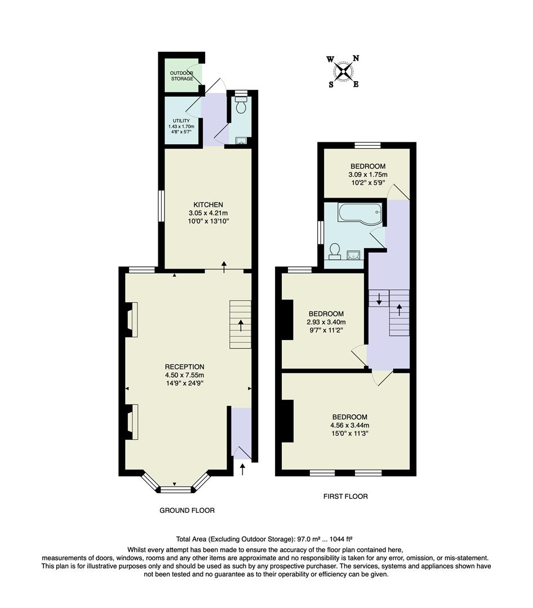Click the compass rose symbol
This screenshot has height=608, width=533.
point(344,71)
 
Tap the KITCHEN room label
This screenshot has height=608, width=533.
point(208,204)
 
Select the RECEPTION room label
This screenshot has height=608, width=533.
point(184,366)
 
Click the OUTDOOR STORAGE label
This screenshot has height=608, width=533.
point(182,75)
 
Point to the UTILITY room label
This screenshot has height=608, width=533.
point(181,120)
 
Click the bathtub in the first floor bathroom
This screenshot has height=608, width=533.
point(358,214)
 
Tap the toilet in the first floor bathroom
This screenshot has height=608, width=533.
point(335,250)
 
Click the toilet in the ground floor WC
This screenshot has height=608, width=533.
point(241,105)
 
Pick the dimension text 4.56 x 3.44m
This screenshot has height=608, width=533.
point(350,426)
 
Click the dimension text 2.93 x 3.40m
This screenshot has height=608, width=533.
point(326,323)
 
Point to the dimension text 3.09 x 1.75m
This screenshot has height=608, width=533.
point(367,175)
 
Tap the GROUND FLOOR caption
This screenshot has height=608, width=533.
point(187,510)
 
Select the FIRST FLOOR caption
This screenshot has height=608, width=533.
point(345,497)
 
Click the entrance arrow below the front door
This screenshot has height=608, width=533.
point(243,469)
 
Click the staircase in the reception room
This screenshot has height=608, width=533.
point(241,324)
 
